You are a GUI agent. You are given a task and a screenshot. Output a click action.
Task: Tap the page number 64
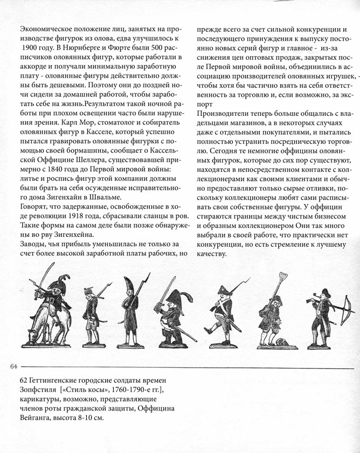14,366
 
